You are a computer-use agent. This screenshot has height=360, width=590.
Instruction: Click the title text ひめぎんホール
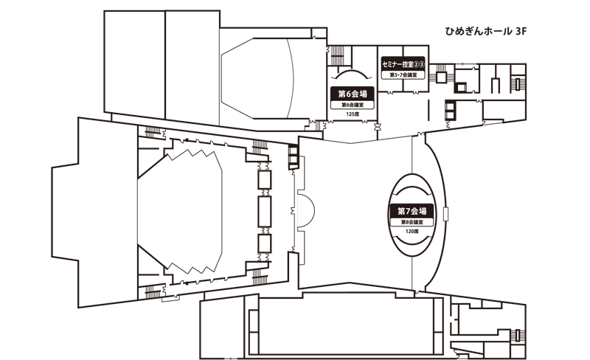(x=478, y=31)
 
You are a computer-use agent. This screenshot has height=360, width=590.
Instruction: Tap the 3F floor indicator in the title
(x=521, y=31)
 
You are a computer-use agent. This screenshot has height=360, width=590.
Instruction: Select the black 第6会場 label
(x=353, y=94)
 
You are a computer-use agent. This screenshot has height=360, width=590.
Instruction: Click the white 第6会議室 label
(x=353, y=105)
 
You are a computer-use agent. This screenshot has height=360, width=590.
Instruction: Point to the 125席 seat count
(x=353, y=114)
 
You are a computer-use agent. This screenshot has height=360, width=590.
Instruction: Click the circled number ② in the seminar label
(x=416, y=64)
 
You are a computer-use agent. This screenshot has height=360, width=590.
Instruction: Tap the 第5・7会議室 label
(x=403, y=75)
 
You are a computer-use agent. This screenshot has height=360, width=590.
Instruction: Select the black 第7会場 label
(x=412, y=211)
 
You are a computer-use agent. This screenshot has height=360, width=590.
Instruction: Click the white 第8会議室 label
(x=412, y=222)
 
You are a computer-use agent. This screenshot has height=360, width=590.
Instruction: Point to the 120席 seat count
(x=412, y=231)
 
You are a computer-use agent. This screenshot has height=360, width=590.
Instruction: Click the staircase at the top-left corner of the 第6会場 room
(x=337, y=56)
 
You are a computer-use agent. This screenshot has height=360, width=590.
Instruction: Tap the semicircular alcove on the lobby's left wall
(x=306, y=209)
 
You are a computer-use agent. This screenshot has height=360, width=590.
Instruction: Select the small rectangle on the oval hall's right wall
(x=446, y=213)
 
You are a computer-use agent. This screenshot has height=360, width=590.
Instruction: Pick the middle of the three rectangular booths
(x=265, y=211)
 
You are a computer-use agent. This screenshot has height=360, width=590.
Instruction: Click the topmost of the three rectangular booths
(x=265, y=179)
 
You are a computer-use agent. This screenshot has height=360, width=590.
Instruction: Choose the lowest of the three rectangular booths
(x=265, y=243)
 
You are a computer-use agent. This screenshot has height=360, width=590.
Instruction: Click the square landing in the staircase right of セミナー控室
(x=440, y=77)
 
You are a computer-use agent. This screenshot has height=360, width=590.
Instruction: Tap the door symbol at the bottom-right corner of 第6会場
(x=377, y=126)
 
